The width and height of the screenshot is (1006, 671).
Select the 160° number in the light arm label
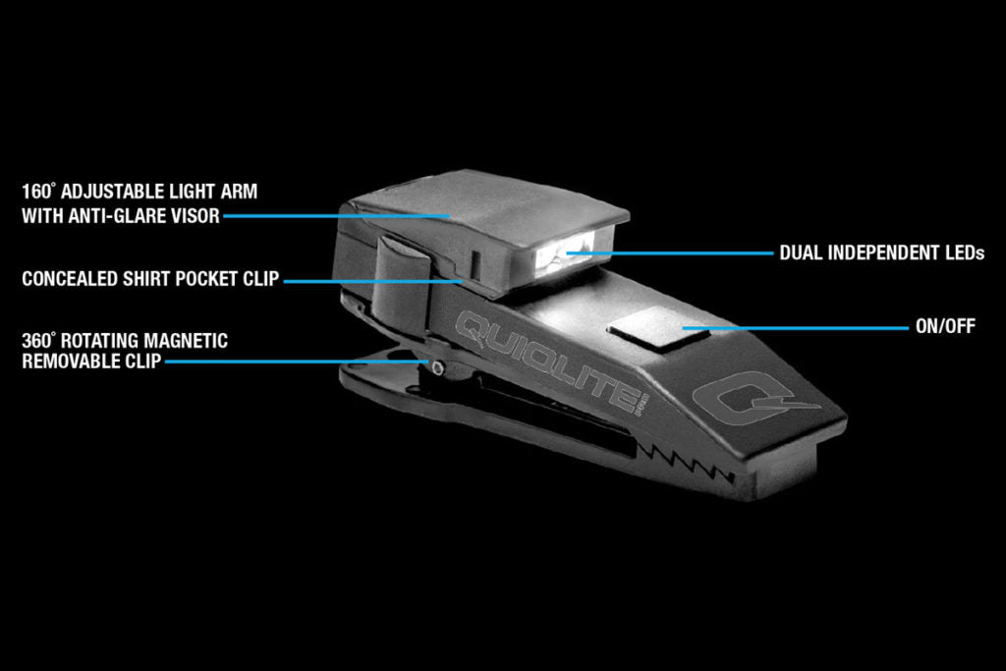point(38,192)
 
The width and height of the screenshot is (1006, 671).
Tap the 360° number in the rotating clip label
point(39,341)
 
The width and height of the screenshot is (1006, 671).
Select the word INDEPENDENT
point(885,253)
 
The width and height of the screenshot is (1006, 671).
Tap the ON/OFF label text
point(945,326)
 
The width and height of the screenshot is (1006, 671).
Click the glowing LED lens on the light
point(565,253)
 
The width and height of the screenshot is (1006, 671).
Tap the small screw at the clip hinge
point(437,367)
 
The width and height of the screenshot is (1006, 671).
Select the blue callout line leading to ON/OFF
point(796,328)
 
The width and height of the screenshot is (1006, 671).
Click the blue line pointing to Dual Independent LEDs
point(670,253)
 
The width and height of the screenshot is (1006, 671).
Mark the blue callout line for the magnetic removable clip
point(297,362)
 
